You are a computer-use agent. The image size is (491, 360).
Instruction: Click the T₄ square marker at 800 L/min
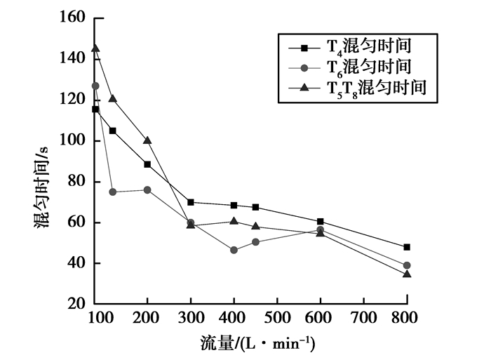click(407, 247)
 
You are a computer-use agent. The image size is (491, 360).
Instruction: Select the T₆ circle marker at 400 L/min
click(234, 250)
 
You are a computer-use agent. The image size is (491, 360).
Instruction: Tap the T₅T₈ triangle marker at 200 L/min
click(147, 140)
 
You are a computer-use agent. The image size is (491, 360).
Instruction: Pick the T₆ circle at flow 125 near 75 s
click(112, 192)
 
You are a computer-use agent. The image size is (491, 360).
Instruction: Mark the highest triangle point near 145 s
click(95, 48)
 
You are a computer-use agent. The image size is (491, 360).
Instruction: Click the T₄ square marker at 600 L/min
click(321, 222)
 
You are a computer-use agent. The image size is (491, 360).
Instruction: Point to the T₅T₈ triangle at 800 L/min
click(407, 274)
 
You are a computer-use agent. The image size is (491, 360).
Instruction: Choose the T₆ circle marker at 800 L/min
click(407, 265)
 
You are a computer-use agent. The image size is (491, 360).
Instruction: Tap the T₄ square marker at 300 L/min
click(191, 202)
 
